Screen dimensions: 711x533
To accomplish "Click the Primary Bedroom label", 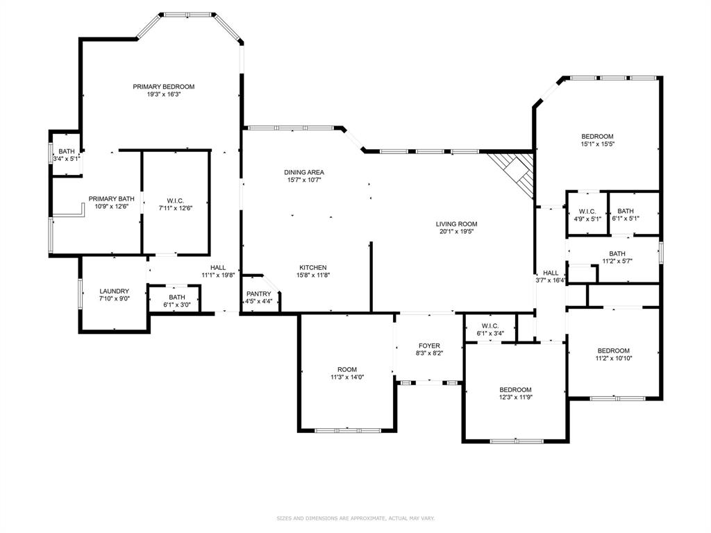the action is coord(163,87).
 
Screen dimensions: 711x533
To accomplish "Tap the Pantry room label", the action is coord(258,294).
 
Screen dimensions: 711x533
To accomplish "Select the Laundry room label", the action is coord(115,291).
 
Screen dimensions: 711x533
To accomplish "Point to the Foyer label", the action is coord(429,346).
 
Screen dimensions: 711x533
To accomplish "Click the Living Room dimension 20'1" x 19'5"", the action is coord(456,231).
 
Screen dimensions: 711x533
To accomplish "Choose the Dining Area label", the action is coord(304,172).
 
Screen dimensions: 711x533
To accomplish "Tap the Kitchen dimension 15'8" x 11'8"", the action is coord(313,275).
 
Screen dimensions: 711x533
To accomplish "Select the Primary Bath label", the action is coord(111,198).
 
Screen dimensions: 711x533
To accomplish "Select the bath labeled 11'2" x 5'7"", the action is coord(617,257).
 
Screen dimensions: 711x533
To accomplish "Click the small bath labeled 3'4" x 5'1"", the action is coord(66,155).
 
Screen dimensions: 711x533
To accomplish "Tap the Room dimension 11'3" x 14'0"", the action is coord(347,377).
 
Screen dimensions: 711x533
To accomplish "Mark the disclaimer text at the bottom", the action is coord(355,518).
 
